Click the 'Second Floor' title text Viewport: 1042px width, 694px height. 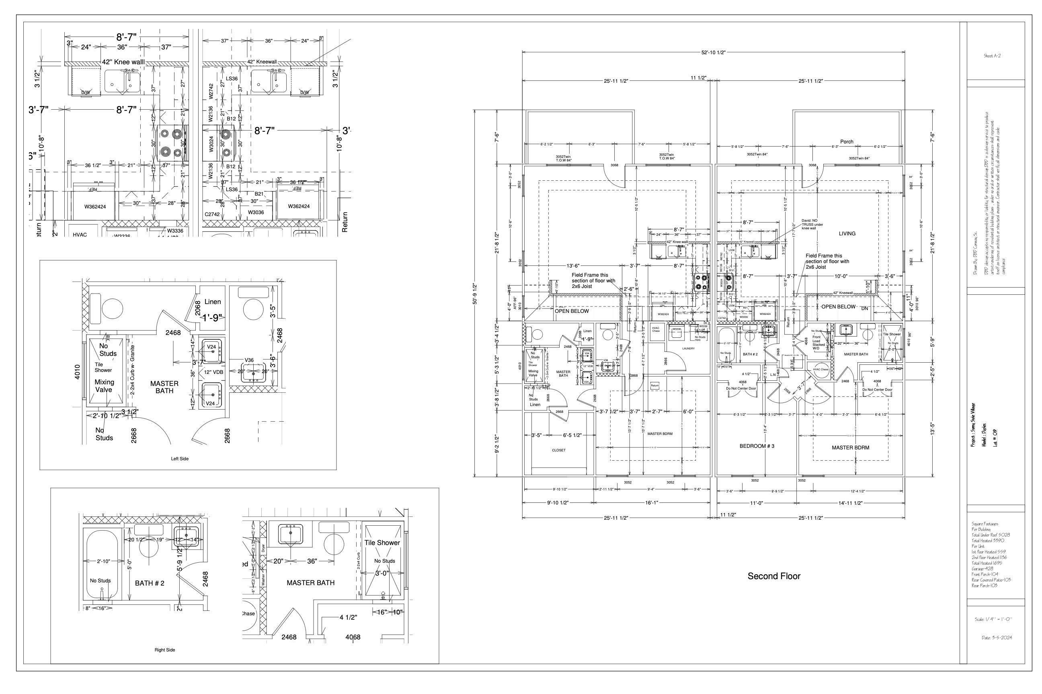(773, 576)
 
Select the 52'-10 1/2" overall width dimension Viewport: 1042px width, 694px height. (713, 52)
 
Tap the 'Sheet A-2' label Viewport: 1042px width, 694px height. (992, 56)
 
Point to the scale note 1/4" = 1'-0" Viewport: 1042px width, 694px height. (993, 619)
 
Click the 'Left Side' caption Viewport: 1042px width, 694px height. (179, 459)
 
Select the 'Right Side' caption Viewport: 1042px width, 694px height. (164, 650)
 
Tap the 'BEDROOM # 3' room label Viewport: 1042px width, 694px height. (757, 446)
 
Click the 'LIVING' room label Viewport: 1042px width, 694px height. (847, 233)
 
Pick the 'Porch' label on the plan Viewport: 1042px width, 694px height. (846, 142)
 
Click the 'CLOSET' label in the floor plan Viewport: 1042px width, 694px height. (558, 450)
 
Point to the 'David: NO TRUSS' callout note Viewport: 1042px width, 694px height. (812, 224)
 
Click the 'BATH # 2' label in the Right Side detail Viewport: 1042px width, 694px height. (149, 583)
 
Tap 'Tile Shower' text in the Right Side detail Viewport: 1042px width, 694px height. (382, 543)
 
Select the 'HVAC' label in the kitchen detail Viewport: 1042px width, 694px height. (80, 235)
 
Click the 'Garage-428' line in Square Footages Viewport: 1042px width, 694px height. (982, 568)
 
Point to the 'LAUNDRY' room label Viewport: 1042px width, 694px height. (687, 348)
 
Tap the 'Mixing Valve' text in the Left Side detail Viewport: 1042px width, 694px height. (104, 386)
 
